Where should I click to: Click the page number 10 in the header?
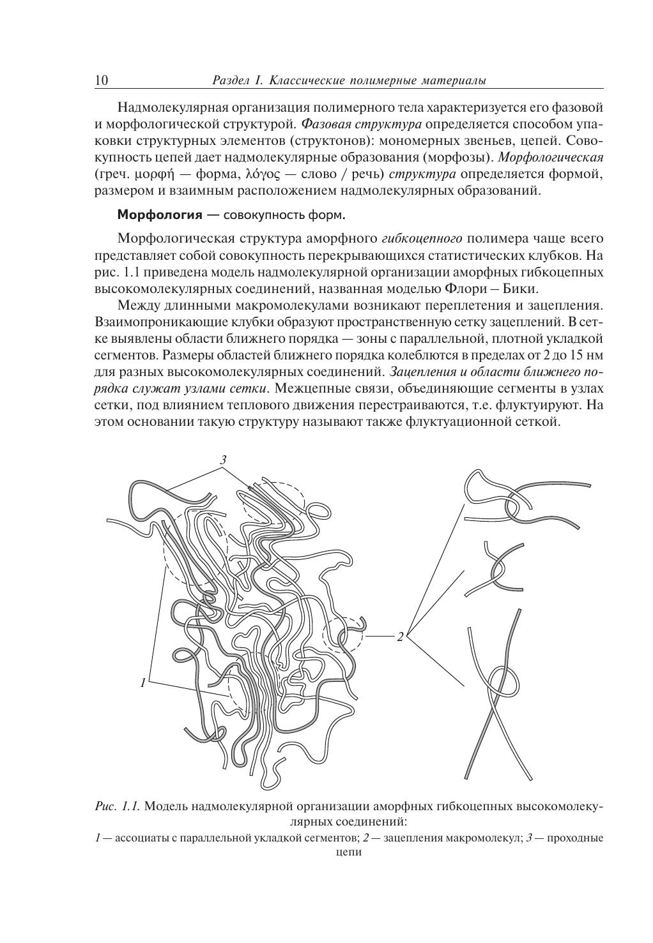pos(101,80)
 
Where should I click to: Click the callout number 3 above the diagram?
pos(223,460)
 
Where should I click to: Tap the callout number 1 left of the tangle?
pos(143,683)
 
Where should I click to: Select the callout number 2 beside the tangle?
pos(400,637)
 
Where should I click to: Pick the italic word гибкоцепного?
pos(422,239)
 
